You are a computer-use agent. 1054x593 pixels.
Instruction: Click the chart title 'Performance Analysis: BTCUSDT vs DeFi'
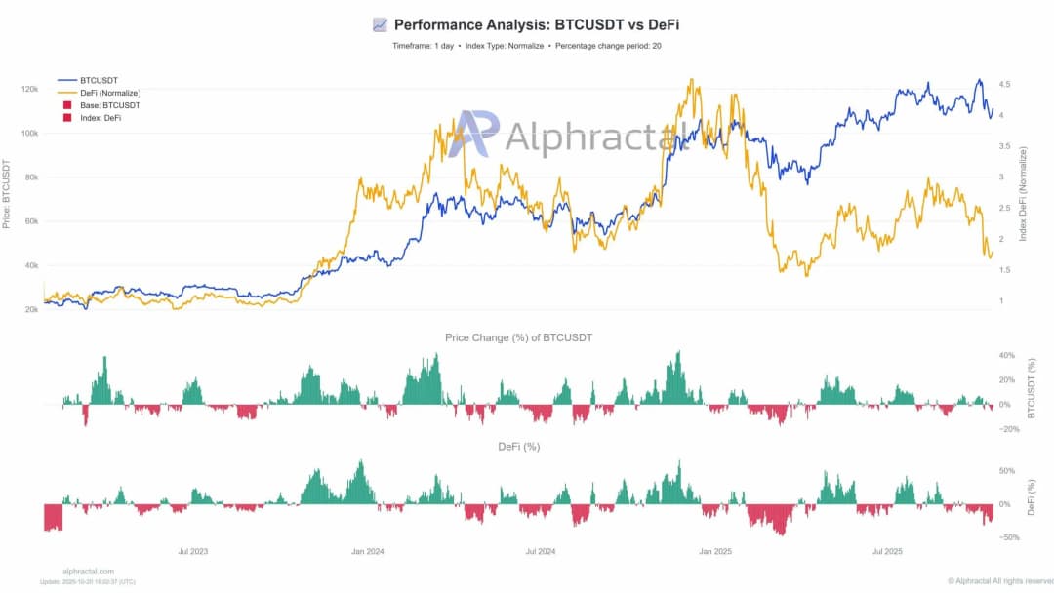[536, 24]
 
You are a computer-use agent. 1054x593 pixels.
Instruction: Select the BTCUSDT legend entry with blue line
[98, 80]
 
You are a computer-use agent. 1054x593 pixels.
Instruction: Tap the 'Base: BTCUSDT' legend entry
[108, 105]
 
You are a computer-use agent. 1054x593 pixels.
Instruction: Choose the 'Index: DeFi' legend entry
[101, 118]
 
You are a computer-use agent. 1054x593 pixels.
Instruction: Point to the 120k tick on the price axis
[29, 89]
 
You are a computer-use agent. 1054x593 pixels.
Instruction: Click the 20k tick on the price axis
[31, 310]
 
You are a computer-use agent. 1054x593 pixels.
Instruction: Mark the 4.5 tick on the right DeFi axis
[1006, 85]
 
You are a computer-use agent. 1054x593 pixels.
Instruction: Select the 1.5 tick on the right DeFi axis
[1006, 270]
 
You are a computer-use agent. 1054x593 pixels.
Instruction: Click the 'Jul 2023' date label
[193, 551]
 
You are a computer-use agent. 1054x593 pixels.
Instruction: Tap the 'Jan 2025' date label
[714, 551]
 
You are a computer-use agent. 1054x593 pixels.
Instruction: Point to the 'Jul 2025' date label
[887, 551]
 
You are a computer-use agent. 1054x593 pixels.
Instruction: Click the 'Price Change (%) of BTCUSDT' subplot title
[518, 337]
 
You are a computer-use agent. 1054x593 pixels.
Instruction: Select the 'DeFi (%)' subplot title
[518, 447]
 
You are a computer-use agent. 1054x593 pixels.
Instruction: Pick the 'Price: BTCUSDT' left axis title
[8, 195]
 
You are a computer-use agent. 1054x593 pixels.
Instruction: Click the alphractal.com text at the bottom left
[88, 572]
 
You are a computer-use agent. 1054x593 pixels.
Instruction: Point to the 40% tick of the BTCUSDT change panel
[1007, 355]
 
